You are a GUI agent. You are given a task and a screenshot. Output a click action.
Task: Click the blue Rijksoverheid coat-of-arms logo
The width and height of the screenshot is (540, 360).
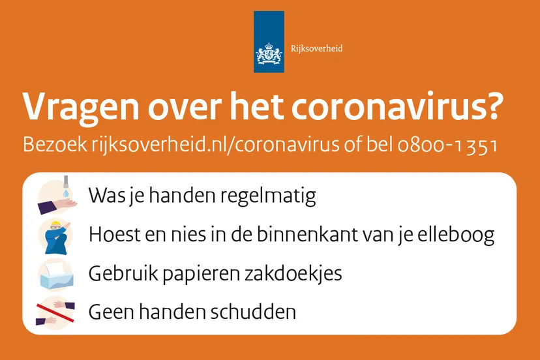click(x=269, y=42)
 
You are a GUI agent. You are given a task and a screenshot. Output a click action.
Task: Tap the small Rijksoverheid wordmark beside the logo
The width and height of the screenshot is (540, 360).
click(x=316, y=48)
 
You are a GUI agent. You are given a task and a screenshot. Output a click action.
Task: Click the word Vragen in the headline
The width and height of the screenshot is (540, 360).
click(x=81, y=108)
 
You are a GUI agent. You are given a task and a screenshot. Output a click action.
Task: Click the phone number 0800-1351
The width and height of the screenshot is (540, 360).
click(x=447, y=145)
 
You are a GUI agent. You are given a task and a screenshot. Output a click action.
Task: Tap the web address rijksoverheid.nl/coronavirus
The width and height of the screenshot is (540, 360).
click(x=215, y=144)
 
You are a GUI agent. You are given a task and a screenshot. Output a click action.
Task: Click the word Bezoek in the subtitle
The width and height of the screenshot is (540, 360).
click(x=55, y=144)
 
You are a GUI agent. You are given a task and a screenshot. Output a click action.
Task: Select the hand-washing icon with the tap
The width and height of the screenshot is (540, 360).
click(x=57, y=195)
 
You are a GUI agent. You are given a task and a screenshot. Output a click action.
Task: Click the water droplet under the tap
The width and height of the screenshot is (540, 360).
click(x=66, y=193)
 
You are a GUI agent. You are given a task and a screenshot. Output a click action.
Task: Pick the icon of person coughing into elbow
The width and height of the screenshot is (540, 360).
click(x=55, y=236)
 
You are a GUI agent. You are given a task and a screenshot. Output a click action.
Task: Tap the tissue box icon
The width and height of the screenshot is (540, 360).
click(x=56, y=275)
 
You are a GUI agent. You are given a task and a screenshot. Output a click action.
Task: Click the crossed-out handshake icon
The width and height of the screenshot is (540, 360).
click(x=55, y=312)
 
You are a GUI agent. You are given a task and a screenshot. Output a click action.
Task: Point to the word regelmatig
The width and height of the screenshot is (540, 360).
click(x=268, y=196)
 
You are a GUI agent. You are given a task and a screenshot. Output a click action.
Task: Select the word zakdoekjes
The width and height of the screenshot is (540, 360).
click(x=293, y=273)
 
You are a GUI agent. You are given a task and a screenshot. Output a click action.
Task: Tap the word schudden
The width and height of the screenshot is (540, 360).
click(x=253, y=312)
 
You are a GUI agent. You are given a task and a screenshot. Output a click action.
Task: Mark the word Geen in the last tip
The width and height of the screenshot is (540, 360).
click(x=112, y=312)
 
